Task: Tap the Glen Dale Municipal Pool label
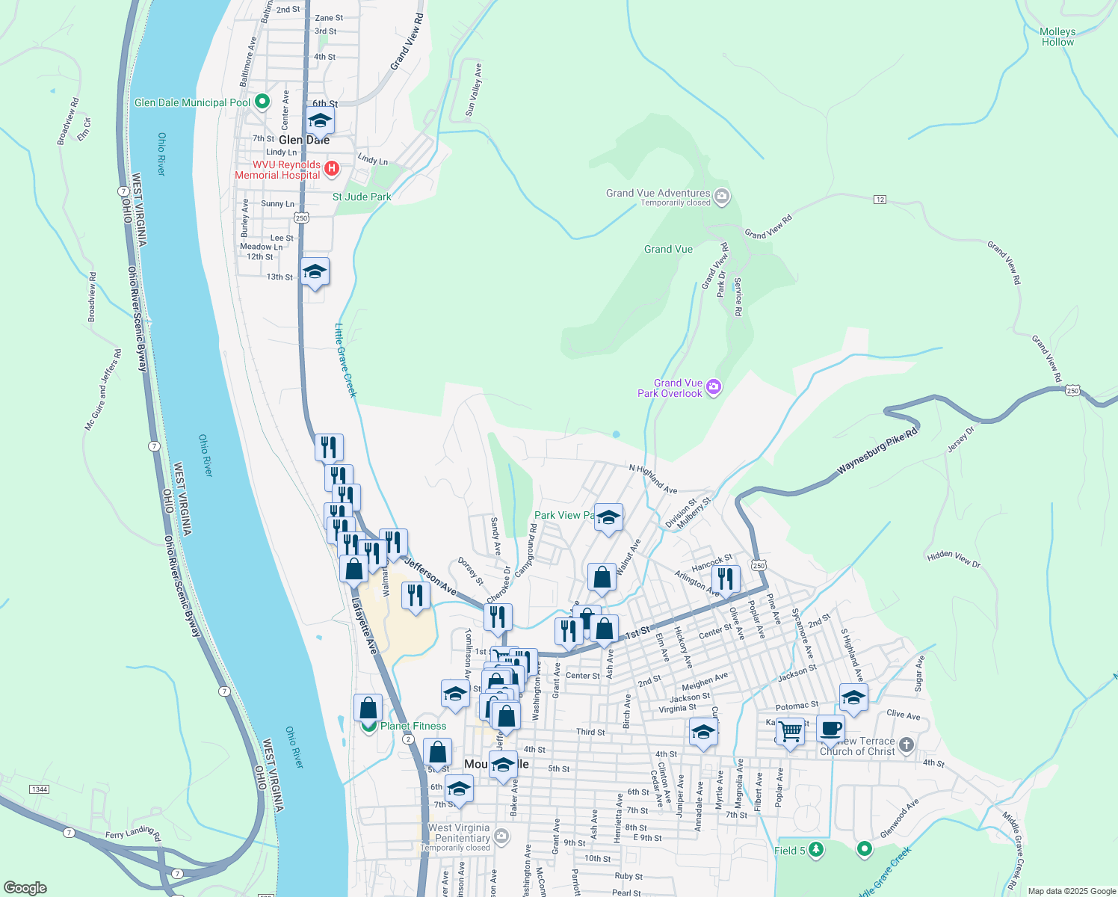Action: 193,102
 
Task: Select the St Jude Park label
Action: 362,197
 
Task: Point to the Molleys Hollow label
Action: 1057,37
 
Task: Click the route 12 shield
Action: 880,199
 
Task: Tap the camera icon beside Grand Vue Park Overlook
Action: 714,386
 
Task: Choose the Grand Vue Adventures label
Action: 658,193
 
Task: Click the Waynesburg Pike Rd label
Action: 877,451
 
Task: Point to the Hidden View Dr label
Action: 954,558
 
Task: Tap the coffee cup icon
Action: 830,727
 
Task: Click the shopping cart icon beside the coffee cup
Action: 790,730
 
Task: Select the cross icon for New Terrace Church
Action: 907,745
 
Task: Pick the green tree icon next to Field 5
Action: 816,850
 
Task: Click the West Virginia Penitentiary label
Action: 459,833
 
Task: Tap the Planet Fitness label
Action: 413,726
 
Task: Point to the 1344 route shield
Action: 39,789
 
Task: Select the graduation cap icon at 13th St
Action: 315,272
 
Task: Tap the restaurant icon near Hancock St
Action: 725,578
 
